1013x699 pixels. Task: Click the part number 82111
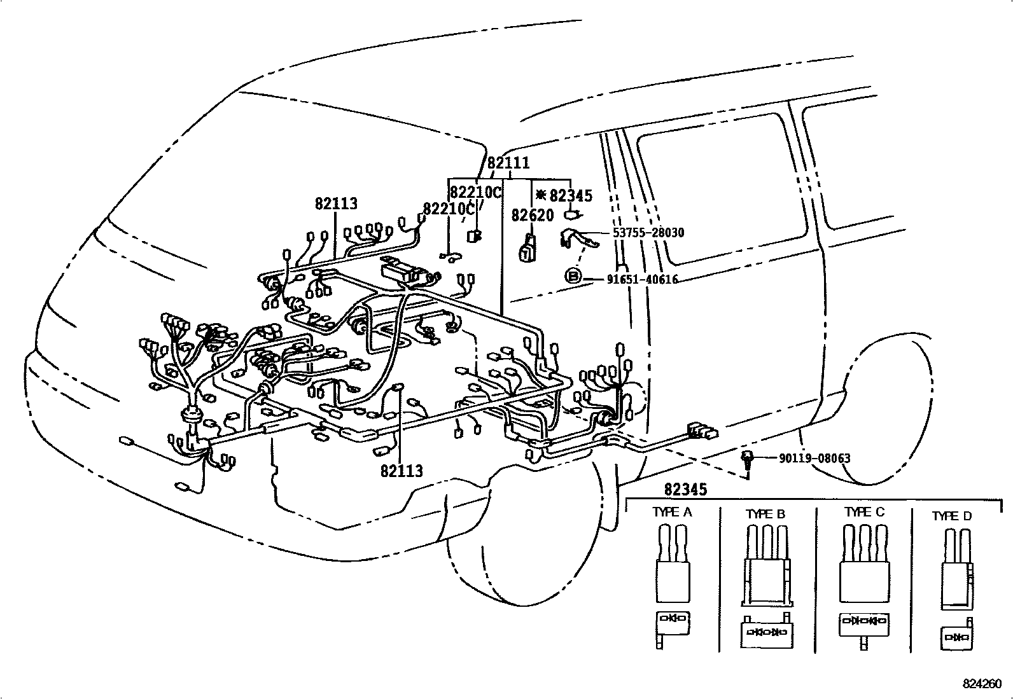(x=508, y=163)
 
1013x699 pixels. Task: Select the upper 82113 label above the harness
(x=336, y=204)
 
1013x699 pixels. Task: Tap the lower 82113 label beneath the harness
(x=402, y=471)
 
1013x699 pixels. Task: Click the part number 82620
(x=533, y=216)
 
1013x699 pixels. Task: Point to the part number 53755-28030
(x=648, y=233)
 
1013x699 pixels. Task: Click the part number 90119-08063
(x=814, y=458)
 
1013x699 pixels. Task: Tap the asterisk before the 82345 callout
(x=541, y=195)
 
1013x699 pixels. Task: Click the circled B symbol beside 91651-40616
(x=573, y=276)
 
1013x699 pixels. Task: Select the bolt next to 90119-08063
(x=748, y=460)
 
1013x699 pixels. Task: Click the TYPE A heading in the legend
(x=672, y=512)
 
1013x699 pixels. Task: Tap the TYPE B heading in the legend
(x=765, y=514)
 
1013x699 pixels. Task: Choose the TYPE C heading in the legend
(x=864, y=512)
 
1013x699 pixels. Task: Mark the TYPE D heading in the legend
(x=952, y=516)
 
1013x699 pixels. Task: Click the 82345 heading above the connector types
(x=685, y=490)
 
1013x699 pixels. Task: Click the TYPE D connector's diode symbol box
(x=956, y=637)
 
